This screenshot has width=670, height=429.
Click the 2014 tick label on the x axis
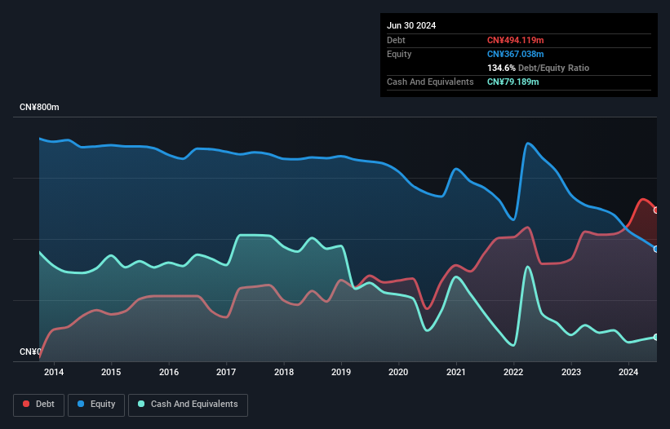[54, 373]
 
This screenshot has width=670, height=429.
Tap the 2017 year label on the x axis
[226, 373]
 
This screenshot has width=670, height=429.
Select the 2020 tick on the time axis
[398, 373]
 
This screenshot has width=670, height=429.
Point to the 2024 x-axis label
[628, 373]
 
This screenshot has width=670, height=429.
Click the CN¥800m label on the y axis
[40, 108]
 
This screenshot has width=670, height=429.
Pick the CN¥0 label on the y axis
[30, 352]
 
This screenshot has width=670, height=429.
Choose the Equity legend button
[97, 404]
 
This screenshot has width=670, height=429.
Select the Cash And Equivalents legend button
[188, 404]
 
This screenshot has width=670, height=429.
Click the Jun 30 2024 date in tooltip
[411, 25]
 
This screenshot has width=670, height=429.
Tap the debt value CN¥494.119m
[516, 40]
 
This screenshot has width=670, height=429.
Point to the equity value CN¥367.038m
[516, 54]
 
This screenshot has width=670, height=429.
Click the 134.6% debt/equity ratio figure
[502, 68]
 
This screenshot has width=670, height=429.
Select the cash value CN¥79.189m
[513, 82]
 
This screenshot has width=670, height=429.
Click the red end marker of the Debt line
[656, 210]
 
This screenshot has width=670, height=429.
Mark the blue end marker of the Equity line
[656, 249]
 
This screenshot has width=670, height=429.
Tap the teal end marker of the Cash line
[656, 337]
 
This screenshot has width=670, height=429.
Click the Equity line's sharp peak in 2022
[528, 144]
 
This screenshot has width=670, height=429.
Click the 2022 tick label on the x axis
[513, 373]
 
